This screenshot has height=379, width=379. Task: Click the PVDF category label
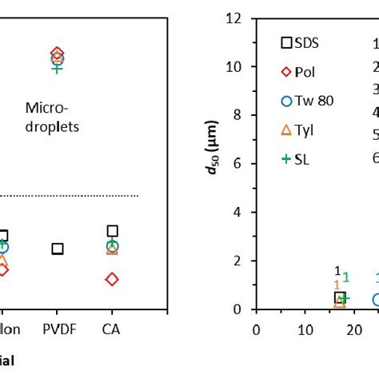[57, 329]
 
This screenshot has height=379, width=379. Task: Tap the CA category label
[112, 329]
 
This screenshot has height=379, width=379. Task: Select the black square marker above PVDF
[58, 249]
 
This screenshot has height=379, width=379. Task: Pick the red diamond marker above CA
[112, 279]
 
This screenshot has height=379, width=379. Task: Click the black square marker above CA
[113, 231]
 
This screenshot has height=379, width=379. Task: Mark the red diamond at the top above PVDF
[57, 54]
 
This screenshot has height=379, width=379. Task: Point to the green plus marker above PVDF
[57, 69]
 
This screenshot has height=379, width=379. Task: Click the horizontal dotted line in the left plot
[72, 195]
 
